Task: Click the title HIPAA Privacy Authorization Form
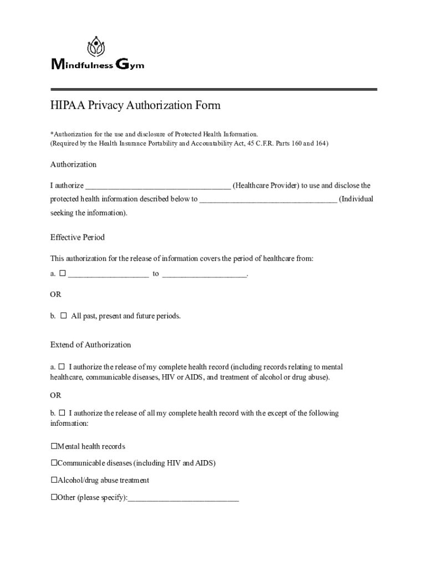tap(135, 106)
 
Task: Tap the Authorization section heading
tap(73, 164)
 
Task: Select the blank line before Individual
tap(268, 200)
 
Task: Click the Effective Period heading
tap(77, 238)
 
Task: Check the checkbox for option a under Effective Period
tap(63, 273)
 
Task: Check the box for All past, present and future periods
tap(63, 316)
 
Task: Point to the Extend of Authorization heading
tap(90, 345)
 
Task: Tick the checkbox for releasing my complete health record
tap(62, 367)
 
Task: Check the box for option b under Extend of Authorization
tap(62, 413)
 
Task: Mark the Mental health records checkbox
tap(54, 446)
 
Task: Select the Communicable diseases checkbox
tap(54, 463)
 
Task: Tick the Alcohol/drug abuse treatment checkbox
tap(54, 480)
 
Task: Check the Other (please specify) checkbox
tap(54, 497)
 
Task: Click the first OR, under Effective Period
tap(55, 295)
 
